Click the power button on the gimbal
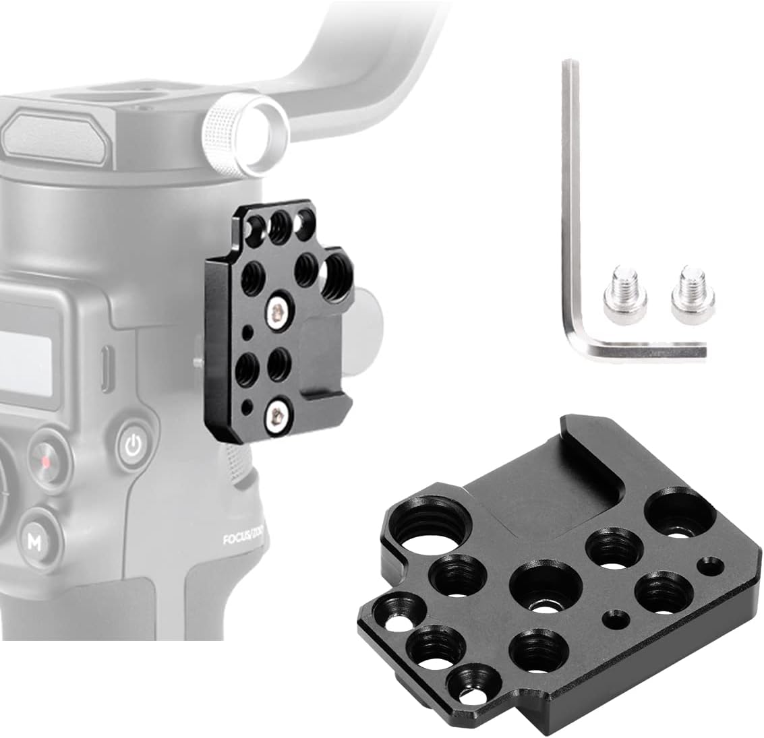pyautogui.click(x=134, y=445)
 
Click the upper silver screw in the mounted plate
pyautogui.click(x=275, y=311)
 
